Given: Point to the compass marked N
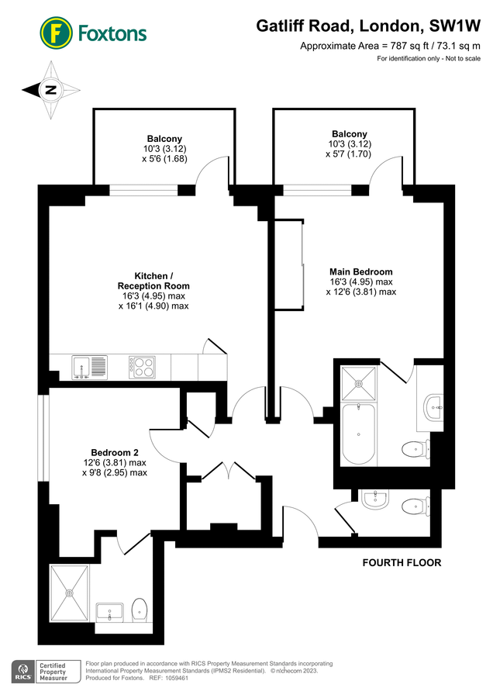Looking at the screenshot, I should pyautogui.click(x=51, y=90).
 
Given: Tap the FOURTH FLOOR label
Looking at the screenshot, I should pyautogui.click(x=402, y=562).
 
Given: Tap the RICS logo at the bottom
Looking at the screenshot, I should pyautogui.click(x=22, y=672).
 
